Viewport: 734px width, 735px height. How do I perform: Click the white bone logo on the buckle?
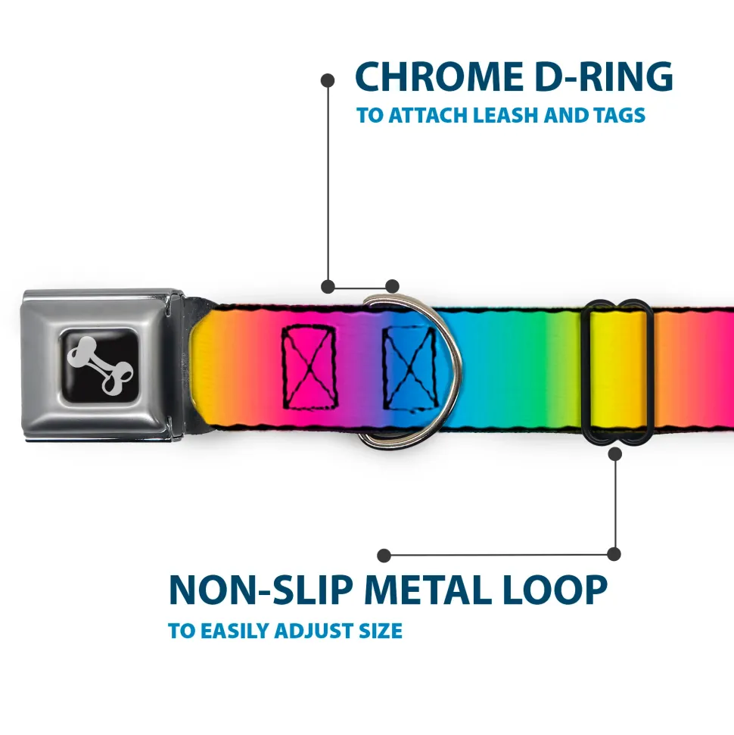pyautogui.click(x=103, y=366)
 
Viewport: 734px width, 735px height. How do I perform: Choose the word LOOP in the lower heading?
pyautogui.click(x=558, y=590)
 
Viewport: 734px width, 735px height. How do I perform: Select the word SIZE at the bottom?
pyautogui.click(x=383, y=631)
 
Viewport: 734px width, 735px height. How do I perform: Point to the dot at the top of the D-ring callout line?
pyautogui.click(x=328, y=79)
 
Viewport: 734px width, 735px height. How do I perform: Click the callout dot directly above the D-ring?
pyautogui.click(x=392, y=286)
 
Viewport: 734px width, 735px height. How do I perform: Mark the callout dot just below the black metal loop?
pyautogui.click(x=614, y=454)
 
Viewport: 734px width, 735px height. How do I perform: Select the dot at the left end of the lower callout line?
pyautogui.click(x=384, y=556)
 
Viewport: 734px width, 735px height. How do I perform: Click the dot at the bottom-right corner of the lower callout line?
pyautogui.click(x=614, y=555)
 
